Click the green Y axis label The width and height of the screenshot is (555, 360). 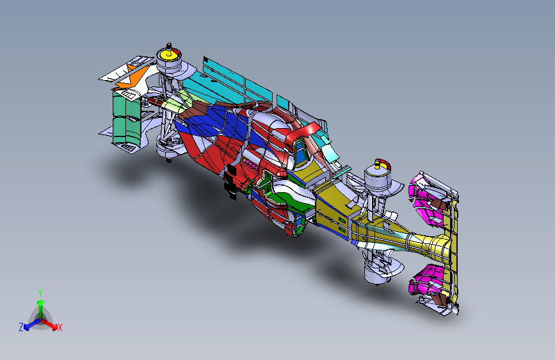point(40,293)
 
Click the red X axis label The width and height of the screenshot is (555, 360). point(60,327)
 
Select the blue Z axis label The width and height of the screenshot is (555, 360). point(21,327)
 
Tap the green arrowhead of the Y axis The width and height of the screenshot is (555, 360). point(41,302)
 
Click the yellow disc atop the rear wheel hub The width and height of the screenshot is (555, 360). point(170,55)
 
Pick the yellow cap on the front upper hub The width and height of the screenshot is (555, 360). point(377,165)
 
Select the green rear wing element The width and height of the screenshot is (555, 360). point(126,120)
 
